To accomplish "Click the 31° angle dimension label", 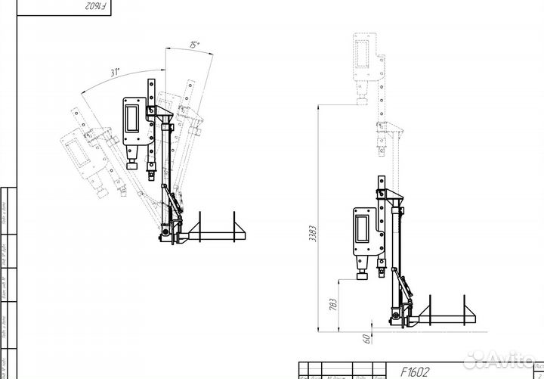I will click(x=116, y=73).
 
